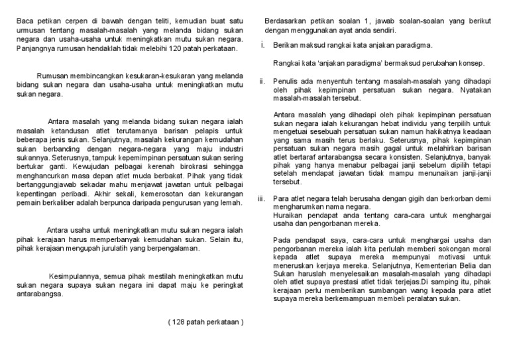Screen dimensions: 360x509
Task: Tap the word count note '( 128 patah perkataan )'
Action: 207,322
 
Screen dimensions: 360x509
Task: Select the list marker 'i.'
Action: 262,45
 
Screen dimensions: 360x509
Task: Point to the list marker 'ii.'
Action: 262,81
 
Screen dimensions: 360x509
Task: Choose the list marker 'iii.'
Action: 262,198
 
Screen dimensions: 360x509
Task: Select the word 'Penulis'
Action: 286,81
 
